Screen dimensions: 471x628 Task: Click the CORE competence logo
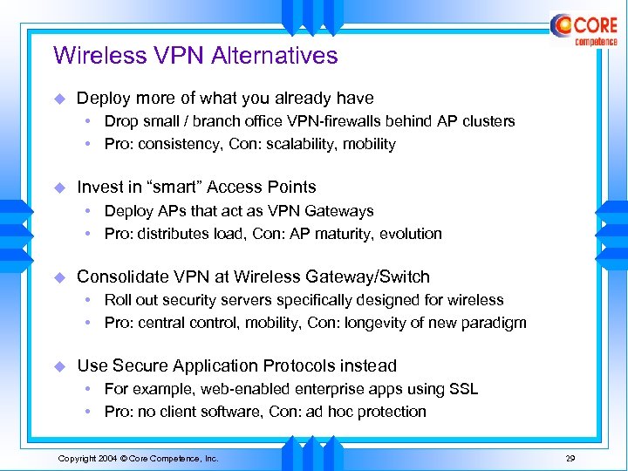[584, 31]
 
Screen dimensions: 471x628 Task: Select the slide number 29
[570, 458]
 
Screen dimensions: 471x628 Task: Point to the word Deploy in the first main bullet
[103, 99]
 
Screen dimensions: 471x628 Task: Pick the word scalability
[309, 144]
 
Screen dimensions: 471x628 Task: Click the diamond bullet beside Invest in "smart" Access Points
[60, 187]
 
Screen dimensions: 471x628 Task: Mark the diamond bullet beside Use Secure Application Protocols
[60, 366]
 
